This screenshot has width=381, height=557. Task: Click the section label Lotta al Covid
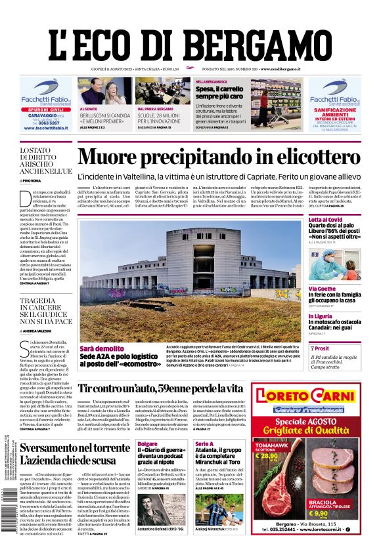(326, 220)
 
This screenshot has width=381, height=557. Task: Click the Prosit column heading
(322, 348)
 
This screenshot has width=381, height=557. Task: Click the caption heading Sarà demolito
(102, 348)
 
